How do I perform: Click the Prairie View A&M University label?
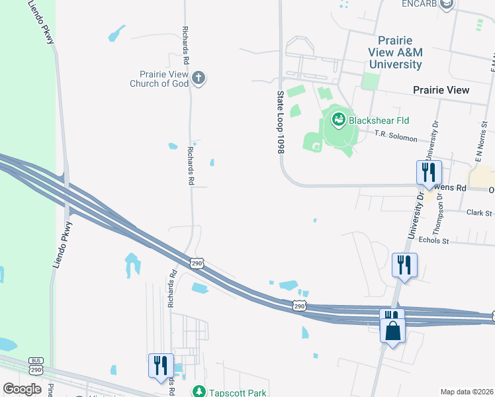pos(396,53)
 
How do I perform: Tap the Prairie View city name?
pos(441,90)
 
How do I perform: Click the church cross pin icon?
pos(198,79)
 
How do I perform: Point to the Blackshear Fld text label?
pos(379,120)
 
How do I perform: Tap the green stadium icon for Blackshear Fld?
pos(338,119)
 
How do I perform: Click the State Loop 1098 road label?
pos(280,123)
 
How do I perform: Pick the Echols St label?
pos(435,242)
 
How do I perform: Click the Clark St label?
pos(480,213)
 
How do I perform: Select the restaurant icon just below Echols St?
pos(403,265)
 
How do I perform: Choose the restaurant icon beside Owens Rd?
pos(428,173)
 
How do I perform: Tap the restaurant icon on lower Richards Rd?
pos(161,366)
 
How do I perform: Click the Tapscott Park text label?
pos(239,392)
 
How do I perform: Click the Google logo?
pos(22,389)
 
